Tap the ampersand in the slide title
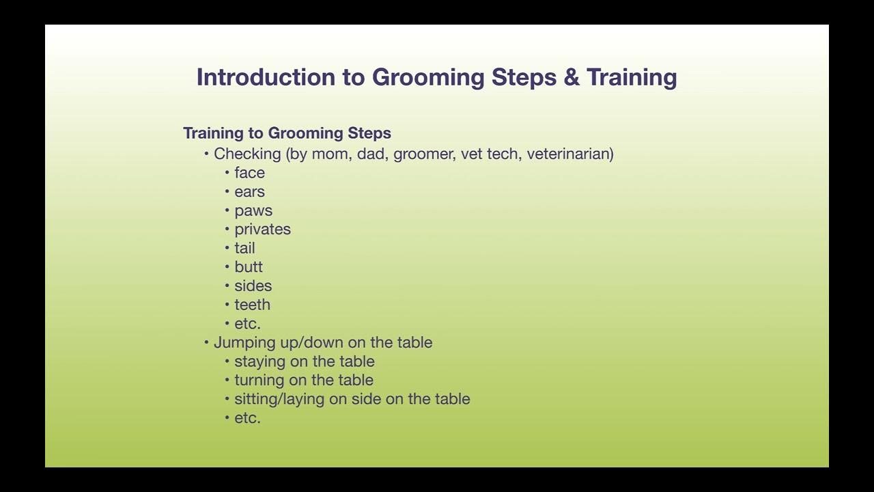pyautogui.click(x=571, y=77)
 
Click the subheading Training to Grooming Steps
pyautogui.click(x=287, y=133)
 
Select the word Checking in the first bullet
pyautogui.click(x=247, y=154)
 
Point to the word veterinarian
pyautogui.click(x=569, y=154)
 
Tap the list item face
pyautogui.click(x=249, y=173)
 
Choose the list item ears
pyautogui.click(x=249, y=192)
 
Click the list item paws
pyautogui.click(x=253, y=211)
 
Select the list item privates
pyautogui.click(x=262, y=230)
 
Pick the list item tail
pyautogui.click(x=244, y=248)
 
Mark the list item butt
pyautogui.click(x=249, y=267)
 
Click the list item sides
pyautogui.click(x=253, y=286)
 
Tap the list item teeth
pyautogui.click(x=252, y=305)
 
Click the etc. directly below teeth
pyautogui.click(x=247, y=324)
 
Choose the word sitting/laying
pyautogui.click(x=279, y=399)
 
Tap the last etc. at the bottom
pyautogui.click(x=247, y=418)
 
